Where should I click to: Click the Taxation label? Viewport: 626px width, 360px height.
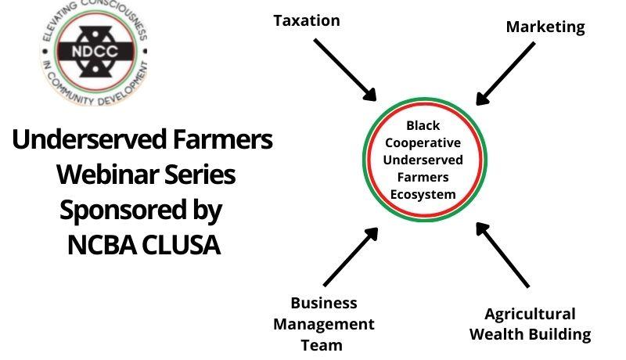(307, 21)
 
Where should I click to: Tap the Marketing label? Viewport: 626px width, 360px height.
(545, 27)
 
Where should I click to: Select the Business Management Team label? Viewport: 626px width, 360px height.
(324, 324)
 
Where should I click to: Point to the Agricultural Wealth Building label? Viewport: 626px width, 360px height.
(531, 324)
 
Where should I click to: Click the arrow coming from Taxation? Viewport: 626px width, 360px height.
(345, 70)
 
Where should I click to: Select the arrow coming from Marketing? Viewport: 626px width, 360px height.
(505, 74)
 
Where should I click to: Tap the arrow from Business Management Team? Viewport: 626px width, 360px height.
(351, 257)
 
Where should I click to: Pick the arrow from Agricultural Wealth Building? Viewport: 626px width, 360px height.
(502, 254)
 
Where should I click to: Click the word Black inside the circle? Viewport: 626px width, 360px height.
(423, 125)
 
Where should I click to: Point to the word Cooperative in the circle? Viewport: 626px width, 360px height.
(423, 143)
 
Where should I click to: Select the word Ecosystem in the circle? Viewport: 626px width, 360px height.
(423, 194)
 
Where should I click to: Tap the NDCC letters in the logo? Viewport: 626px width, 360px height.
(95, 51)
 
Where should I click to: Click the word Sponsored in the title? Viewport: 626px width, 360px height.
(123, 211)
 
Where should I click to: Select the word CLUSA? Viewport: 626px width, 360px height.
(181, 245)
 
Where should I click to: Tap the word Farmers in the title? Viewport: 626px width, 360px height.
(223, 139)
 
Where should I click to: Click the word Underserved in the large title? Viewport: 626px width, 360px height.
(89, 139)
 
